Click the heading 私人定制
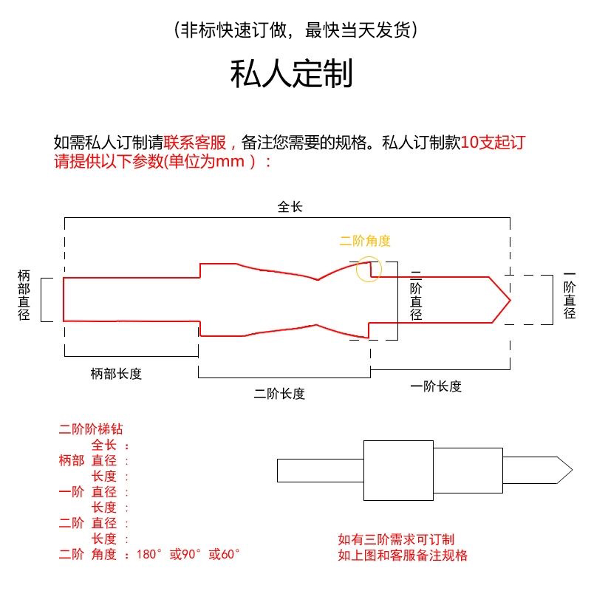click(292, 75)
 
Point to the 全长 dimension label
click(290, 208)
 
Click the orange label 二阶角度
click(365, 241)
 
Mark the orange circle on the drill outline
click(369, 269)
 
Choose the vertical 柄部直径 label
click(24, 295)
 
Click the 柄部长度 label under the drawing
click(116, 374)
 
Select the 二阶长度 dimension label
click(279, 394)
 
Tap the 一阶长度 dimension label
click(435, 386)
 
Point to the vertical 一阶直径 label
click(569, 295)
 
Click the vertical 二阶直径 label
click(416, 295)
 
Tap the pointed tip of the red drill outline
click(509, 299)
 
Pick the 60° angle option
click(225, 554)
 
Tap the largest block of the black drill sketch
click(397, 470)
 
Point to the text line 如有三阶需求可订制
click(396, 540)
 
